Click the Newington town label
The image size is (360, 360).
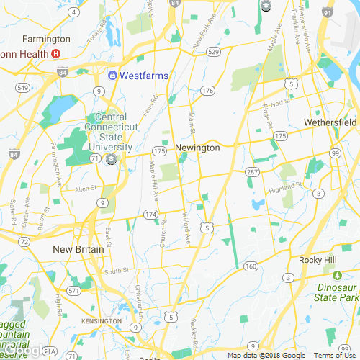[197, 148]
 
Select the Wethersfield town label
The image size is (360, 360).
[330, 122]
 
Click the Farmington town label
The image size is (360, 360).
[46, 39]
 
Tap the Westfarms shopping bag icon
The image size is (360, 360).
[112, 76]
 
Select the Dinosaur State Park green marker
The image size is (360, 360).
[337, 274]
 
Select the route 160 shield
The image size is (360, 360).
[251, 266]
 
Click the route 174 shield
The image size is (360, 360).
[150, 215]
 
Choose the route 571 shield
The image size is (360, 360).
[73, 291]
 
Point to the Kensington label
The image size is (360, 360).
[102, 320]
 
